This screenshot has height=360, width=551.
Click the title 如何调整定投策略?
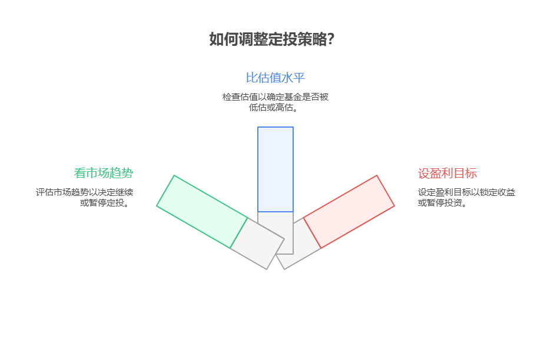point(272,39)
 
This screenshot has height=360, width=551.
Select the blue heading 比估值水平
point(275,78)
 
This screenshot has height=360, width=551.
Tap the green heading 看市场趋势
point(104,173)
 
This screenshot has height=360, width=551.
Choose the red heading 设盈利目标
point(447,173)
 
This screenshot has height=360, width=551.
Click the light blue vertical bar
point(275,169)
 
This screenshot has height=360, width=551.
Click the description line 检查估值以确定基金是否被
point(275,96)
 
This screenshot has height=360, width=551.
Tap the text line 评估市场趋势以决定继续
point(84,192)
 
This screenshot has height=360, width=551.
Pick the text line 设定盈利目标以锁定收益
point(466,192)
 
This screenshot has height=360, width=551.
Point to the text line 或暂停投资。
point(443,203)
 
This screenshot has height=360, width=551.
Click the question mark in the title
point(331,39)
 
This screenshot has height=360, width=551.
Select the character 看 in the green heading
point(80,173)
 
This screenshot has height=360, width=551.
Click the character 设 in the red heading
point(424,173)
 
